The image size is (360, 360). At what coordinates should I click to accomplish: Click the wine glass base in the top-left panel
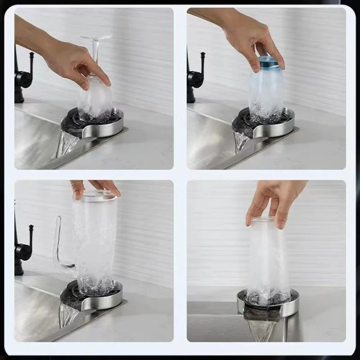tap(96, 38)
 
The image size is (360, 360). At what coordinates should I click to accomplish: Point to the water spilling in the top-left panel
tap(67, 144)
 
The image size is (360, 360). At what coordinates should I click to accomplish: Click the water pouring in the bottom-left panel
tap(67, 315)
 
